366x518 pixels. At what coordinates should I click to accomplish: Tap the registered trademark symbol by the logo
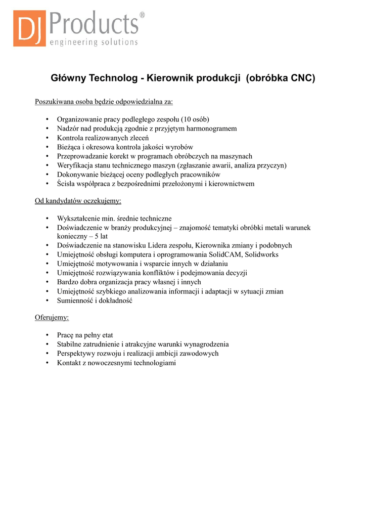(x=142, y=15)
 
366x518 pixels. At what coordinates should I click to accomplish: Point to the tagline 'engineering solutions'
(x=93, y=42)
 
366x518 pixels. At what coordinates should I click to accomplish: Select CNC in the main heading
(x=303, y=78)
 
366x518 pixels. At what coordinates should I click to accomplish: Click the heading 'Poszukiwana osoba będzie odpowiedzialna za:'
(x=104, y=102)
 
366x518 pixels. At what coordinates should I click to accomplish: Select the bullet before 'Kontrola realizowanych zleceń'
(x=47, y=138)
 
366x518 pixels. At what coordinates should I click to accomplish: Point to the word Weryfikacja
(x=74, y=165)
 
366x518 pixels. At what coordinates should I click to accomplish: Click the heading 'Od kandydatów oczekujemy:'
(x=78, y=201)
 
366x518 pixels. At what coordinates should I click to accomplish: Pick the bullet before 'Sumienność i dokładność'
(x=47, y=300)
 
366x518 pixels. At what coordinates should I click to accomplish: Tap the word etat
(x=106, y=335)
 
